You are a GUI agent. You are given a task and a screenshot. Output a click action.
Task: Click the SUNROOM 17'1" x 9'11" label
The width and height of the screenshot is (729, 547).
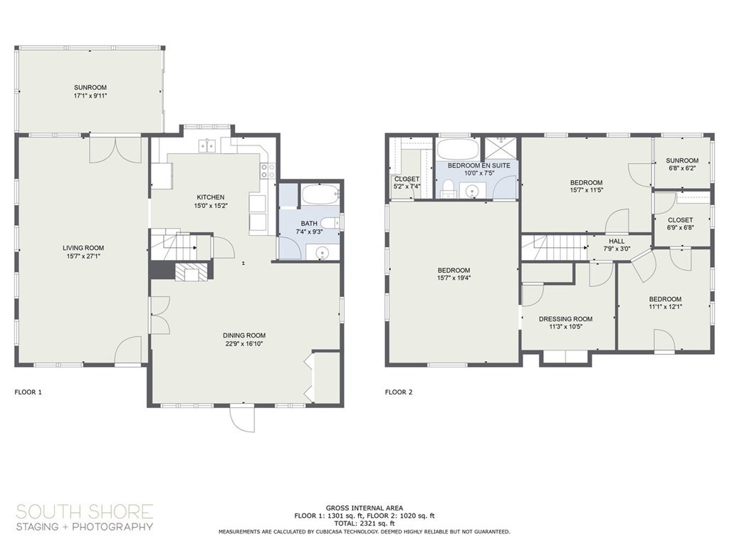pos(90,91)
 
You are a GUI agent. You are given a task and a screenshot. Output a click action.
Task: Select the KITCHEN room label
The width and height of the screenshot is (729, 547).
pos(211,202)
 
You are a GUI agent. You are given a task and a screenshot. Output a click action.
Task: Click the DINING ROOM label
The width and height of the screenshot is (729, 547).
pos(244,340)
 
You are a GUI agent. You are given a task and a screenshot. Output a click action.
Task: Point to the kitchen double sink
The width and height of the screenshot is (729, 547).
pos(208,146)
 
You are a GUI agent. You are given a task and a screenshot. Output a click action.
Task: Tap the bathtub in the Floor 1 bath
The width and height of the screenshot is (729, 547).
pos(320,194)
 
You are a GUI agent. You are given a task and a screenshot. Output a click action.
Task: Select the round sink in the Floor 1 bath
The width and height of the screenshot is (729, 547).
pos(322,252)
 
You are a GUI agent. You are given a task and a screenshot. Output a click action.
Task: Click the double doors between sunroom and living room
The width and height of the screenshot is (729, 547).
pos(110,150)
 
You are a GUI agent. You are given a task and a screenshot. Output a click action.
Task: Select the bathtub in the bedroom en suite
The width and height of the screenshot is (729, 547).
pos(458,150)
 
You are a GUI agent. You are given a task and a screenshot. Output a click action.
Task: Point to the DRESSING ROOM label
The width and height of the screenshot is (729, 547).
pos(566,323)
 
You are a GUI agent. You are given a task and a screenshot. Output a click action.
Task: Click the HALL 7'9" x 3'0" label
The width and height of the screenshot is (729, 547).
pos(617,245)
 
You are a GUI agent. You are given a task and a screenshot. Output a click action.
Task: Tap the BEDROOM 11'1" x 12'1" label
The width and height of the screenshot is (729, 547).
pos(665,303)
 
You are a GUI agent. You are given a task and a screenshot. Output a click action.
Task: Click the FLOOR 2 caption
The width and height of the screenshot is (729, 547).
pos(399,392)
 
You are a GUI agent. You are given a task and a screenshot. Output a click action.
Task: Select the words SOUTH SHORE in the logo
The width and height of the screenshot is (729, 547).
pos(85,511)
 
